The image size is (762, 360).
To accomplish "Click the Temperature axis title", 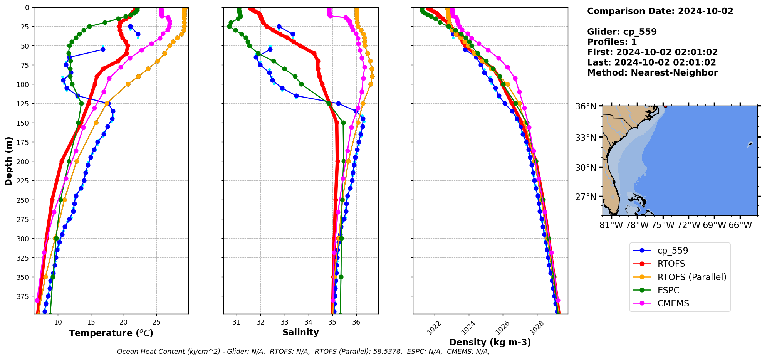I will [x=111, y=333].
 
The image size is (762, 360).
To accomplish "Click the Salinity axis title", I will [x=300, y=332].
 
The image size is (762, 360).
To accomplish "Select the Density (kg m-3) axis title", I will [x=490, y=342].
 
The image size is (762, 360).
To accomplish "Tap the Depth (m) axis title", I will [x=8, y=161].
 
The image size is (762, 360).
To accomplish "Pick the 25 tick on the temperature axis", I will [x=156, y=322].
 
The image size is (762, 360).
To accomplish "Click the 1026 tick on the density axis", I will [x=502, y=328].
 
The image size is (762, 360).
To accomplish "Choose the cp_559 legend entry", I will [x=673, y=251].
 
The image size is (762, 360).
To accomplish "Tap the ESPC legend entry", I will [x=668, y=290].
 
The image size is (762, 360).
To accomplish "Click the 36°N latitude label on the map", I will [x=586, y=106].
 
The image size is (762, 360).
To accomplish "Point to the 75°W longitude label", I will [x=663, y=225].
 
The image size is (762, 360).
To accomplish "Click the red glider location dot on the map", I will [x=665, y=106].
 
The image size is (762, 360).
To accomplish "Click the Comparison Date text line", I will [x=660, y=11].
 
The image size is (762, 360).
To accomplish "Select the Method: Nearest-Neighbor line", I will [x=652, y=73].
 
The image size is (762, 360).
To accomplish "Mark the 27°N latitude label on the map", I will [x=586, y=197].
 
